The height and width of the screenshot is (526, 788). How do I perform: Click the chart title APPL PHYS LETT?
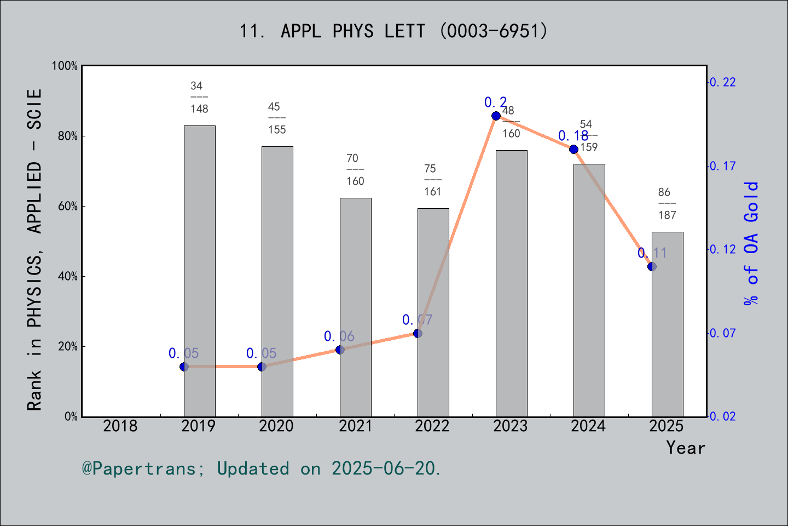point(393,31)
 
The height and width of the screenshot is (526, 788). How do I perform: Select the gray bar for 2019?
point(199,271)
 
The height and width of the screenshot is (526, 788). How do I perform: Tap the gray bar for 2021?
point(355,307)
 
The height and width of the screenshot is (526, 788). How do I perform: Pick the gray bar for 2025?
point(667,324)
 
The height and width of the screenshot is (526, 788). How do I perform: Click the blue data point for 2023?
point(496,116)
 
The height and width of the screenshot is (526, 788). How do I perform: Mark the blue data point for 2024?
point(573,149)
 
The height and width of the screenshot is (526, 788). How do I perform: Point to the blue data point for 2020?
point(262,367)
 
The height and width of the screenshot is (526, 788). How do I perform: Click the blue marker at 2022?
point(418,333)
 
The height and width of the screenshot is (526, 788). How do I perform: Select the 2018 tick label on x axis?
point(120,426)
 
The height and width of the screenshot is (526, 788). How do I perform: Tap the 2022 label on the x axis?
point(432,426)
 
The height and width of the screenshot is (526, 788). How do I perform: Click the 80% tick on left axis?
point(68,136)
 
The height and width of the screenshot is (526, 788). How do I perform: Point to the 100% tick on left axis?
point(65,66)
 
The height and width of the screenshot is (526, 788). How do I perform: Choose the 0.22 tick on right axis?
point(722,82)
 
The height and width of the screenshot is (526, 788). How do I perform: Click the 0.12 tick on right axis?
point(722,249)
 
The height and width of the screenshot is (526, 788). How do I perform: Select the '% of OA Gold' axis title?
point(751,243)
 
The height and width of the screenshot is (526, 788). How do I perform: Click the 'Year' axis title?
point(686,448)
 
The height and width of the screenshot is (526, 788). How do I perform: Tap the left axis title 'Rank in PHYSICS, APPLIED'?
point(34,249)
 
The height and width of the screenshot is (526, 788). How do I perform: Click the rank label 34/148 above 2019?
point(199,97)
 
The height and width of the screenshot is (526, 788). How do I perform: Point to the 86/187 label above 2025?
point(667,203)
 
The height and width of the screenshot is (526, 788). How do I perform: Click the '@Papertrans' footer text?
point(262,468)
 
